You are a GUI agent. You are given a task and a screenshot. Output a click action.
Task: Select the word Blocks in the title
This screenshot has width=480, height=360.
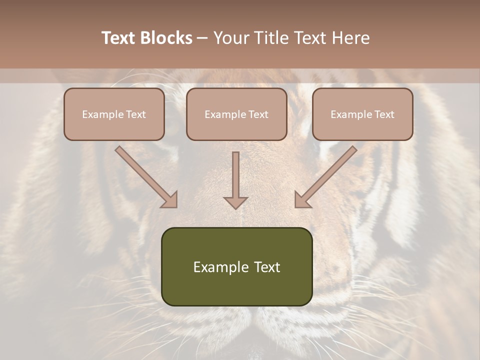pyautogui.click(x=166, y=38)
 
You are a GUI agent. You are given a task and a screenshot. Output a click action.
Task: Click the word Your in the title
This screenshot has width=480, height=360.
pyautogui.click(x=231, y=38)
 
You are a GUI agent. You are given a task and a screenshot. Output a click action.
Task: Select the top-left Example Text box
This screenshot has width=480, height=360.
pyautogui.click(x=114, y=114)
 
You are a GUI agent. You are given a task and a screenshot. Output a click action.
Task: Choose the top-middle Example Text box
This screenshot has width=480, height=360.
pyautogui.click(x=236, y=114)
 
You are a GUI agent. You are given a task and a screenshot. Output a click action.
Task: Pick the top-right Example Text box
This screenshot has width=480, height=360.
pyautogui.click(x=362, y=114)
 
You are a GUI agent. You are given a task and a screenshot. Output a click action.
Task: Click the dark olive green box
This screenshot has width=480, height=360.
pyautogui.click(x=236, y=266)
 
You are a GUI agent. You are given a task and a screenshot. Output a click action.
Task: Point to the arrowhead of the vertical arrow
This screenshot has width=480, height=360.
pyautogui.click(x=235, y=202)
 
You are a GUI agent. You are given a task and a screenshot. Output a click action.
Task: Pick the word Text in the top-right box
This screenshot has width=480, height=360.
pyautogui.click(x=384, y=114)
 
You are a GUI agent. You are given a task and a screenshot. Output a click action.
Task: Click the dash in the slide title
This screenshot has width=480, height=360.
pyautogui.click(x=202, y=38)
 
